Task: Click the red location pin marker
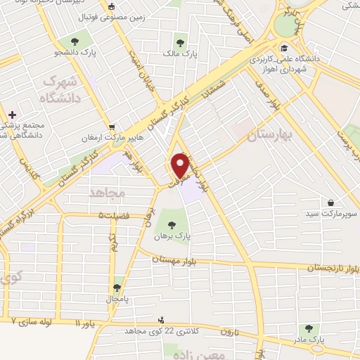180,165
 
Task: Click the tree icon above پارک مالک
183,39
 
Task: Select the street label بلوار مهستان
176,260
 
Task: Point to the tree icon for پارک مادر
307,329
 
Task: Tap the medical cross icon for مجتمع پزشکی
11,115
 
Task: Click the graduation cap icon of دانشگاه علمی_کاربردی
283,48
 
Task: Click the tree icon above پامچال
117,288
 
